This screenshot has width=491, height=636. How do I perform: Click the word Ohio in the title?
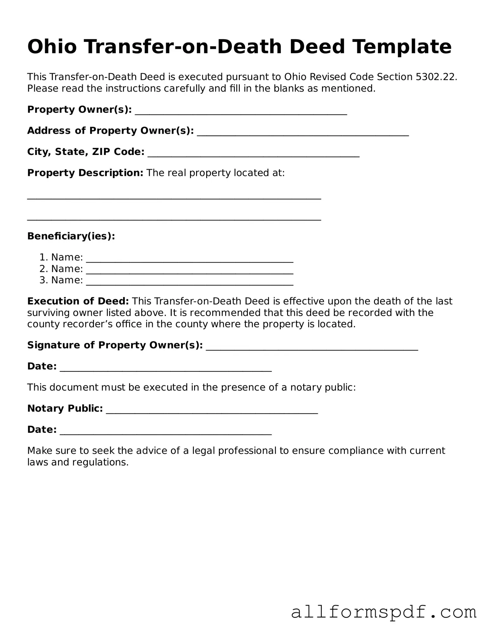pos(52,47)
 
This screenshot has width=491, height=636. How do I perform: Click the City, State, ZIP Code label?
pos(86,152)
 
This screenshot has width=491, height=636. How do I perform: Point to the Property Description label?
pos(85,173)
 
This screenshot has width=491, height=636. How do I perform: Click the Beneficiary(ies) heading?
pos(71,236)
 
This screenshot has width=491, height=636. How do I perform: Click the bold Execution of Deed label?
pos(78,301)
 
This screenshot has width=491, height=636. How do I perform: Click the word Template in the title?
pos(402,47)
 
